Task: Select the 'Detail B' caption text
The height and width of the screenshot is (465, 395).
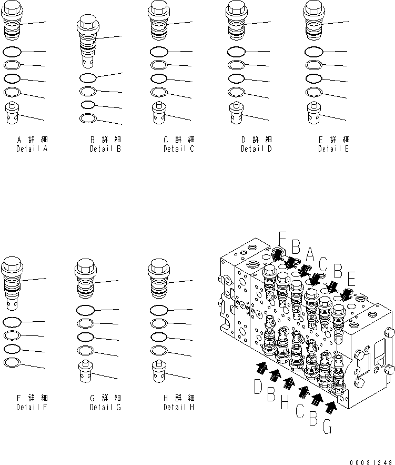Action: (x=105, y=149)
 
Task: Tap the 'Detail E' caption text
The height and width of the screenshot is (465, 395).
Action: (x=333, y=149)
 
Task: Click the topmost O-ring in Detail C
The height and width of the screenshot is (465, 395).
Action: (x=159, y=52)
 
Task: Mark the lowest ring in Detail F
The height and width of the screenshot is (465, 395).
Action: (x=11, y=362)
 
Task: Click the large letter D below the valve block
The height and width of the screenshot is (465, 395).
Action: (x=258, y=387)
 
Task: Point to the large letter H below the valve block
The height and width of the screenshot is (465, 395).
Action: (x=285, y=404)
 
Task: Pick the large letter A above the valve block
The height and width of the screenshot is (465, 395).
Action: (x=310, y=256)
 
